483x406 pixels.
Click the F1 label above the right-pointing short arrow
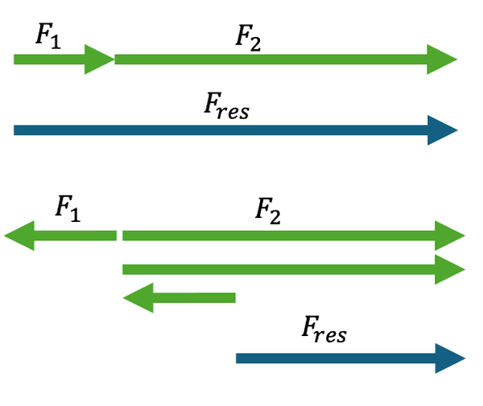(48, 35)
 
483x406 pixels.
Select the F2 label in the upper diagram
(248, 38)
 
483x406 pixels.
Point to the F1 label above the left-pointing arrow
(69, 207)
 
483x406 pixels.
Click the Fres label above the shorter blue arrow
(324, 329)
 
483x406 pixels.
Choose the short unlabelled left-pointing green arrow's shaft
(193, 297)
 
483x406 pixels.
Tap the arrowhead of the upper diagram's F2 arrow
(442, 59)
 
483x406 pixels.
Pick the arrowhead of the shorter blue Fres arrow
(450, 359)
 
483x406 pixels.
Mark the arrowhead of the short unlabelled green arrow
(138, 297)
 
